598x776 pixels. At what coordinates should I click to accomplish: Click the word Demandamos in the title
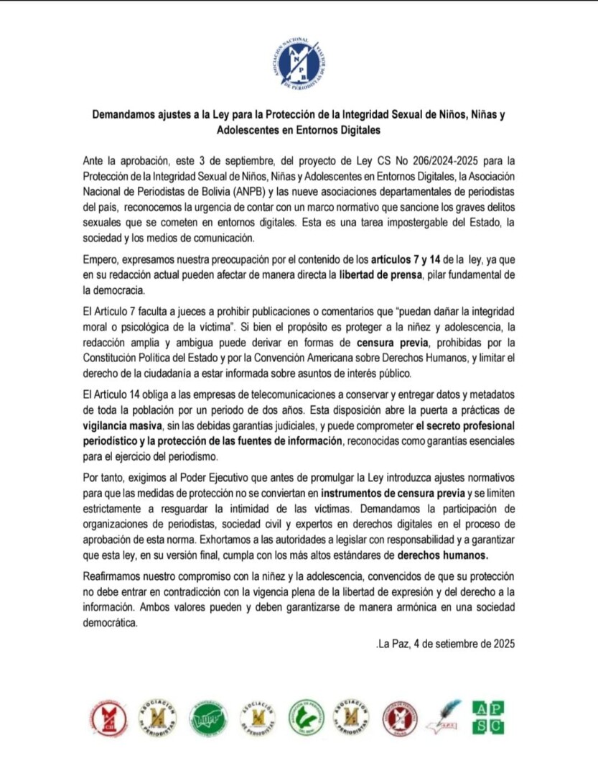tap(123, 116)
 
